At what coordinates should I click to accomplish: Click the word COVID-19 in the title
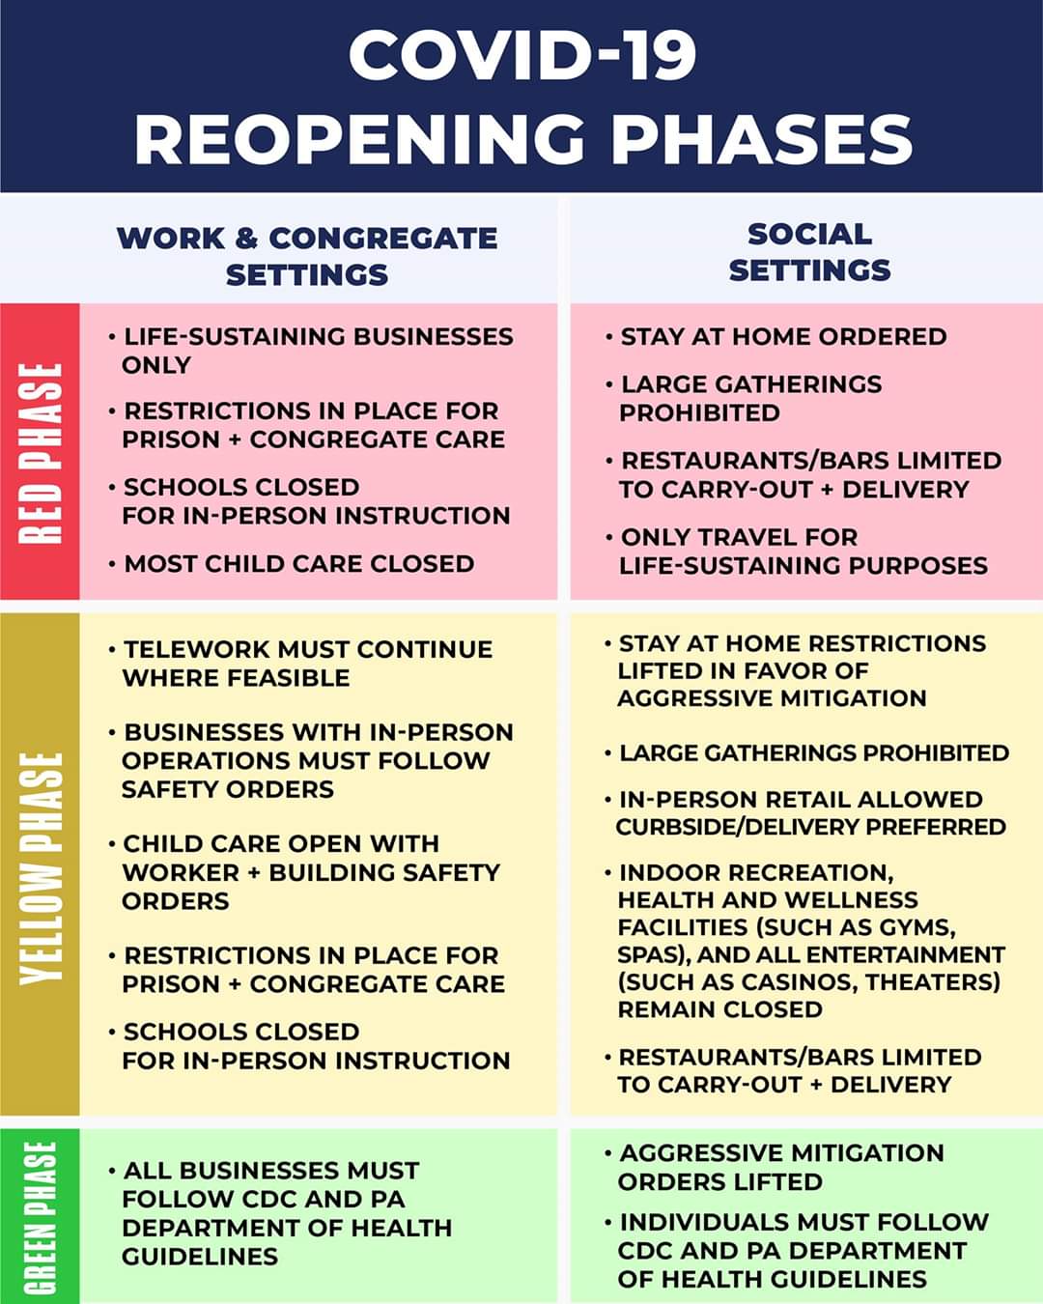point(522,55)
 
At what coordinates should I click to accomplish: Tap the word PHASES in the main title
point(762,139)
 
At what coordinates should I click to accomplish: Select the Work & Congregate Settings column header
point(307,256)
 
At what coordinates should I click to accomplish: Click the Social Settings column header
point(809,252)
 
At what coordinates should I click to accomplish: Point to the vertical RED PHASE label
point(41,452)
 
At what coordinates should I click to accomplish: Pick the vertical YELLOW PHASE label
point(41,867)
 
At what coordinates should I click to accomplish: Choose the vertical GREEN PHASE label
point(41,1217)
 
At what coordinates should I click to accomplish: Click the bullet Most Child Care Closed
point(298,563)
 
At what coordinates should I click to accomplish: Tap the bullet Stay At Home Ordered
point(782,336)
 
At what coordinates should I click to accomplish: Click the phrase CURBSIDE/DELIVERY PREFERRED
point(810,827)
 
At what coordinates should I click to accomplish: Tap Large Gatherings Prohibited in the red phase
point(749,398)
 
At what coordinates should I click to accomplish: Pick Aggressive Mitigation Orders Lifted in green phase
point(780,1167)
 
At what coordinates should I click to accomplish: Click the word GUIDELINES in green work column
point(200,1257)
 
